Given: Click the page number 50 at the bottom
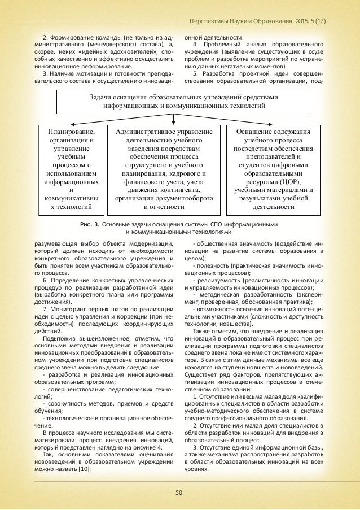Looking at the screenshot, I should tap(179, 492).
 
